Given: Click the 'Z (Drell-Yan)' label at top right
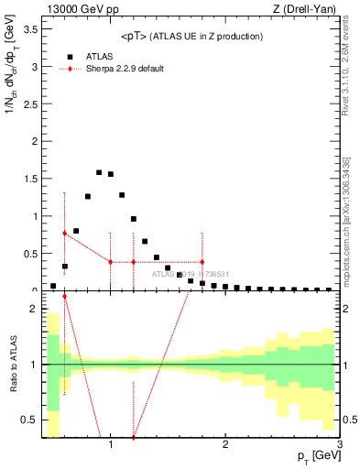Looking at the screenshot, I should (304, 9).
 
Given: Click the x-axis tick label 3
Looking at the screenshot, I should (340, 444).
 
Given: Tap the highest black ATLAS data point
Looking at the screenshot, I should (99, 172).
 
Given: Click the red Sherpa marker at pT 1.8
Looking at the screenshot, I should (202, 262).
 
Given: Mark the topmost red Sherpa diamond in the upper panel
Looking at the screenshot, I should (64, 234).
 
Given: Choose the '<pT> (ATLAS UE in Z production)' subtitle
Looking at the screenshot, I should (191, 37).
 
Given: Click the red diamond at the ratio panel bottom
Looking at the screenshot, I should (134, 437).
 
